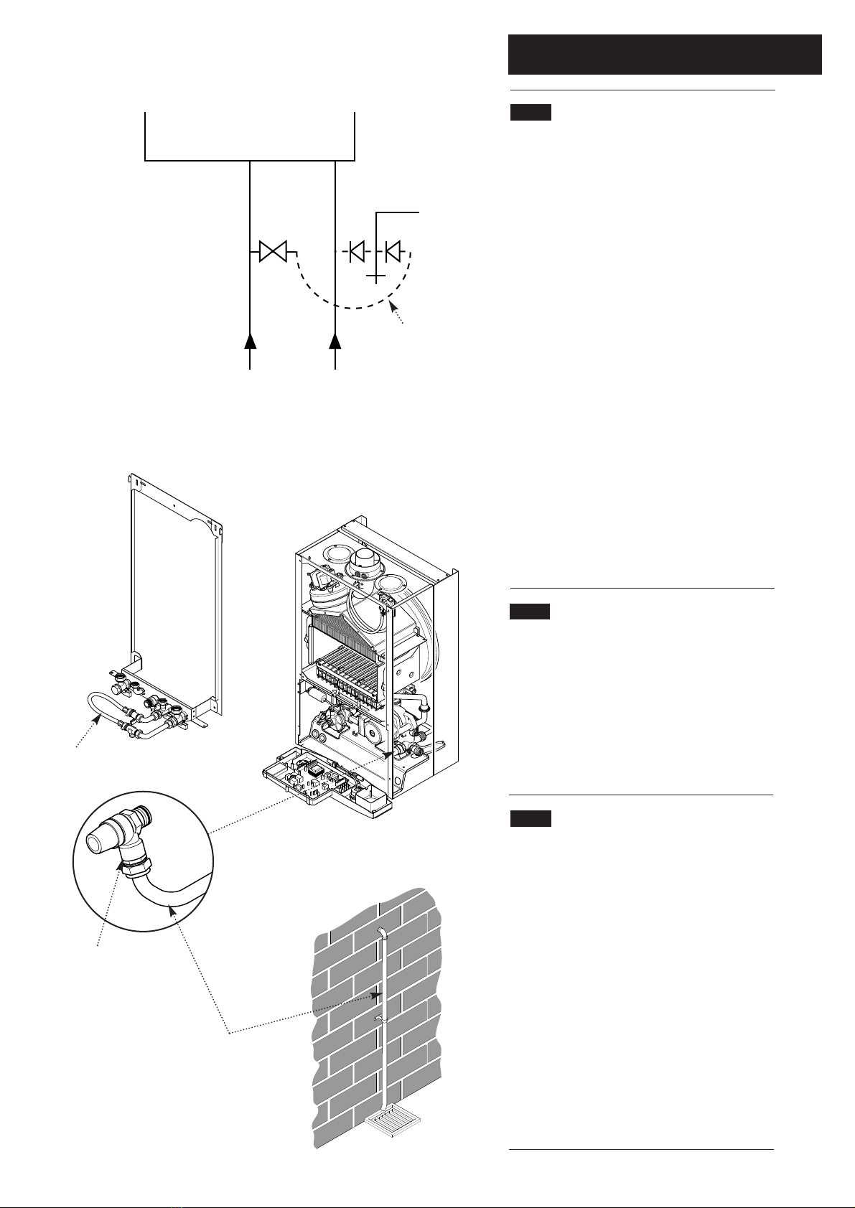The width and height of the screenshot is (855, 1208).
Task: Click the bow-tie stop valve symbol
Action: coord(273,252)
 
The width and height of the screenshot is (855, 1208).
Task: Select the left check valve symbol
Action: coord(357,252)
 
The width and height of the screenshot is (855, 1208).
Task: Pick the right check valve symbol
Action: coord(393,252)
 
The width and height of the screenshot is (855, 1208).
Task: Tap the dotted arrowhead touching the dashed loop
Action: coord(392,307)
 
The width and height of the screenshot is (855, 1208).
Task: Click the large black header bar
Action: coord(664,54)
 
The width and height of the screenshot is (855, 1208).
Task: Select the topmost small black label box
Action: coord(531,113)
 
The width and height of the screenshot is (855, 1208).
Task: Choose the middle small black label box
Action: coord(530,612)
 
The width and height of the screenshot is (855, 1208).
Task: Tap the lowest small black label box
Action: coord(531,819)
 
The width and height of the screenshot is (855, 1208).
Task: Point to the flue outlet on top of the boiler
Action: coord(367,559)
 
